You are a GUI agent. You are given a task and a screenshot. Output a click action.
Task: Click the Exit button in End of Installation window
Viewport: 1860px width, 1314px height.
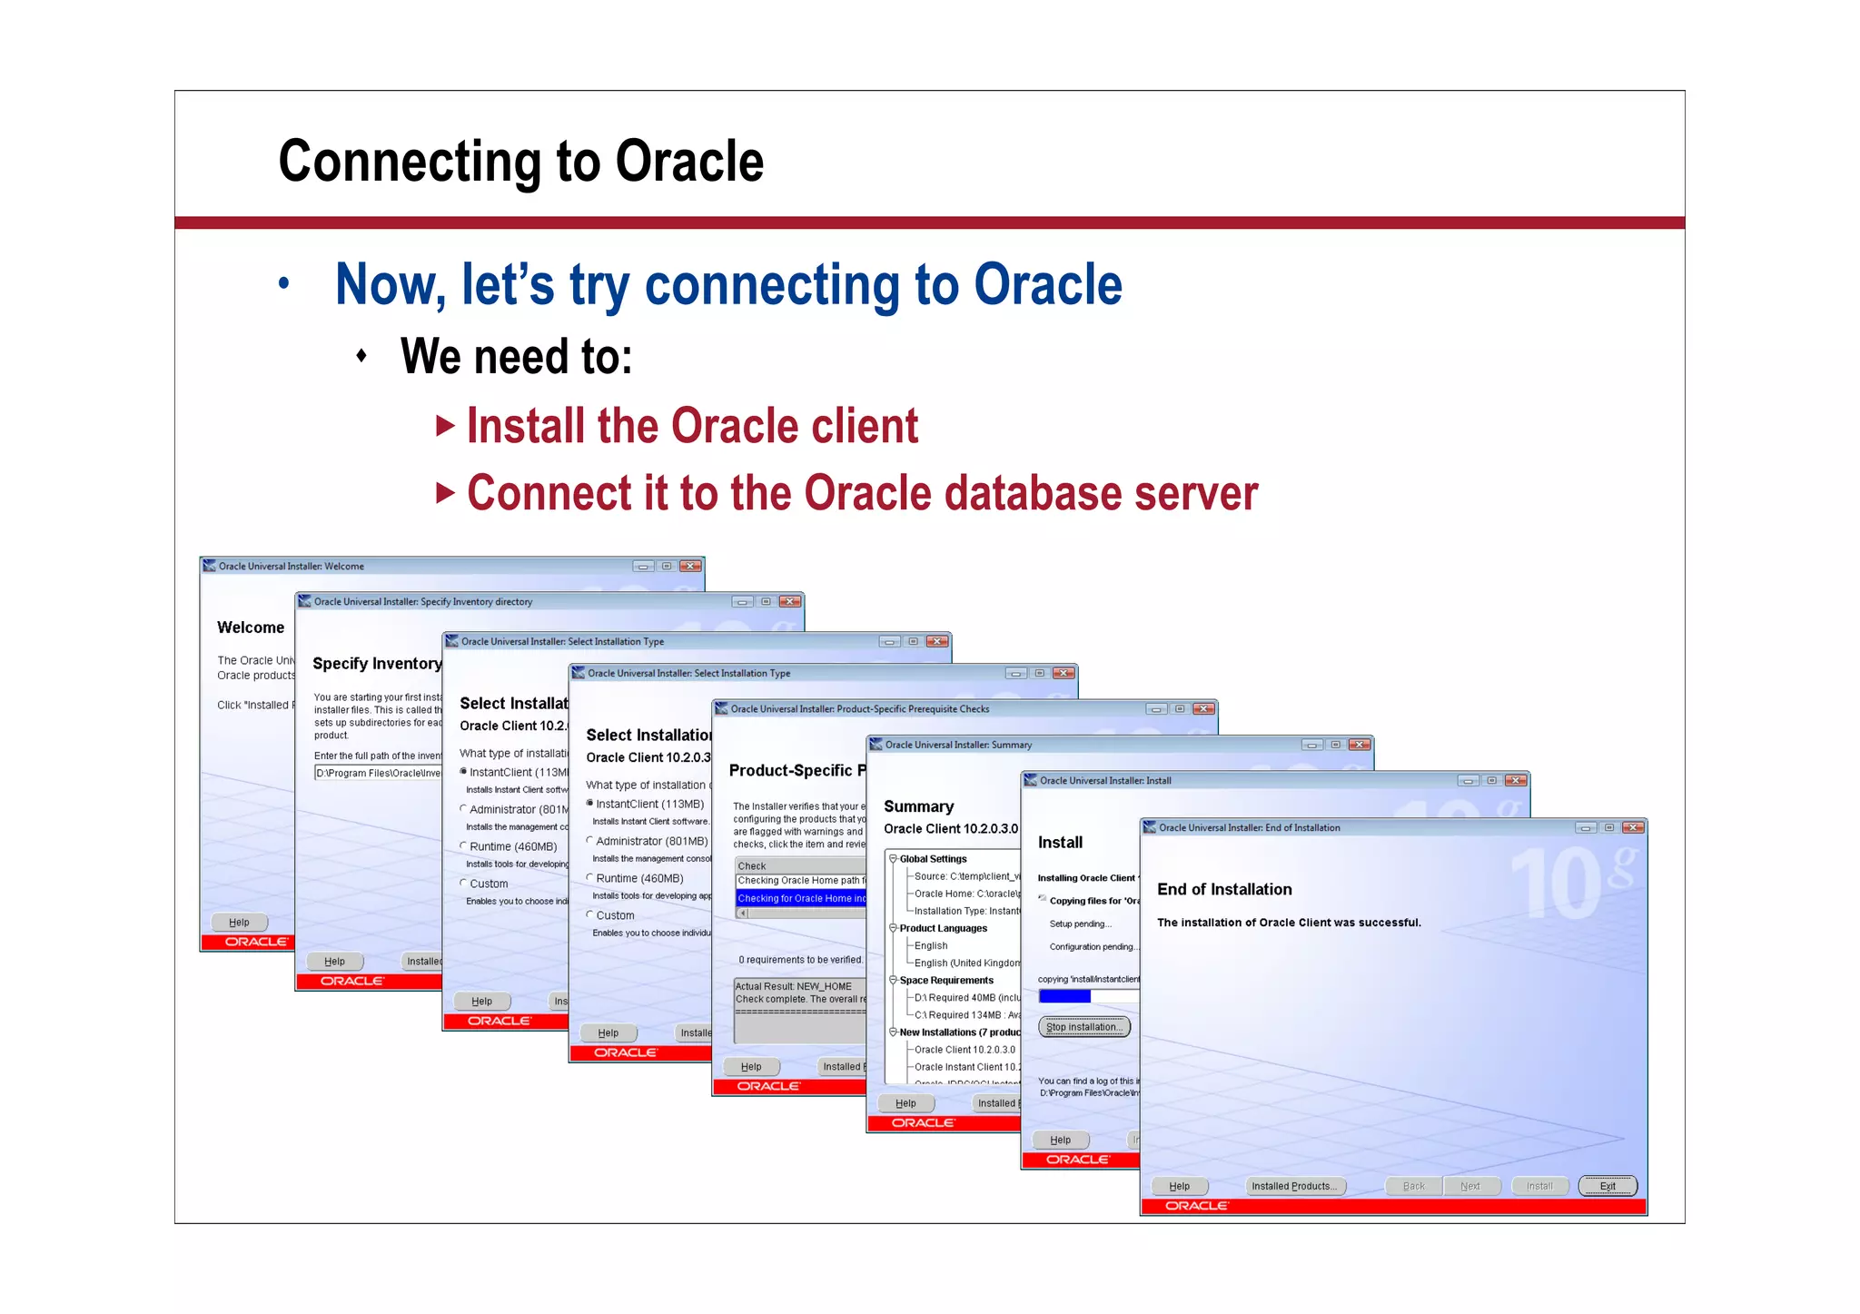coord(1607,1186)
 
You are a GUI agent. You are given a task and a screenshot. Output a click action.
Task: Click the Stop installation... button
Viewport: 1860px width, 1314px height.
coord(1083,1027)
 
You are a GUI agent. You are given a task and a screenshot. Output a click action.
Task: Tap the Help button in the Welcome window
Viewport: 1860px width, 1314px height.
coord(239,922)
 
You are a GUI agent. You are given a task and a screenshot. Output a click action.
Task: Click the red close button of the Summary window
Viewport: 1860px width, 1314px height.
coord(1359,745)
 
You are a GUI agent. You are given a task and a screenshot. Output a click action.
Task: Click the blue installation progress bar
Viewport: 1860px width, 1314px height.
coord(1064,996)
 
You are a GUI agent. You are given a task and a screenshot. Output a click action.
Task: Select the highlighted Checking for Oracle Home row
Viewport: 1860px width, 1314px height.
coord(800,898)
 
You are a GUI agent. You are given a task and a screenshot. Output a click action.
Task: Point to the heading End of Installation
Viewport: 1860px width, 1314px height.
coord(1223,889)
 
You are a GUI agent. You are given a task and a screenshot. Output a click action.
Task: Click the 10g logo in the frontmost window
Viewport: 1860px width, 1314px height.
coord(1571,881)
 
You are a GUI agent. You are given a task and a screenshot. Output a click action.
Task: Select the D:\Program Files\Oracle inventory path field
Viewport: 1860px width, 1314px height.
coord(377,773)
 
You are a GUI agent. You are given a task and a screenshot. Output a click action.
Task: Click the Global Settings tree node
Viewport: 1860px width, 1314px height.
coord(933,858)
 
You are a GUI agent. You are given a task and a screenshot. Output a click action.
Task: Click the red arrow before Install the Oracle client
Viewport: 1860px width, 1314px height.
coord(444,426)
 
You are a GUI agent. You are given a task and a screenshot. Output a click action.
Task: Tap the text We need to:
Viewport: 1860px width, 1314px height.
coord(516,356)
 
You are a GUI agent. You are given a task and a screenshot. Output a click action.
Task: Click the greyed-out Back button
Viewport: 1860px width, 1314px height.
coord(1413,1186)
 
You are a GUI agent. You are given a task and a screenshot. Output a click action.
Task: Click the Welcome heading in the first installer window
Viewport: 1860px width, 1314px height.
coord(251,627)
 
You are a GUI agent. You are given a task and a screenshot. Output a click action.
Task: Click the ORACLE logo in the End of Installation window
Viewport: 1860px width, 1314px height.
coord(1196,1206)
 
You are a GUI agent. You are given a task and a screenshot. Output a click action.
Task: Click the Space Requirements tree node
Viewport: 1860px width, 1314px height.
coord(945,980)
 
